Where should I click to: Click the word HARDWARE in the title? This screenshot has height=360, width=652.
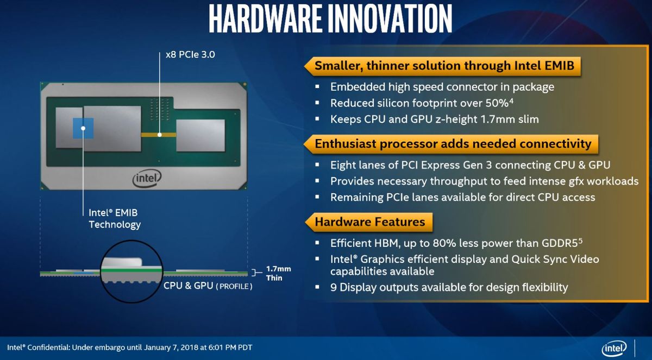click(x=265, y=19)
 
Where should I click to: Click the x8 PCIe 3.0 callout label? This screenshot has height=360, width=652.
click(x=190, y=55)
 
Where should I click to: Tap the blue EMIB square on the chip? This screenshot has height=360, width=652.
click(x=83, y=128)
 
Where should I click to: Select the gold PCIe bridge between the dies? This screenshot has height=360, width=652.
click(x=159, y=135)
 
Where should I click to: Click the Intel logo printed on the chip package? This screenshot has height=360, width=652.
click(x=147, y=178)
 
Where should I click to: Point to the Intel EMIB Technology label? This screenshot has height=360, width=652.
click(x=115, y=218)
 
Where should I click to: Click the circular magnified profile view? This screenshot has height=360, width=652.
click(x=131, y=271)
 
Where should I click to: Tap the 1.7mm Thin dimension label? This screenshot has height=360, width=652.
click(x=278, y=273)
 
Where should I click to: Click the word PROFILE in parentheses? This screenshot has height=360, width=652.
click(x=234, y=287)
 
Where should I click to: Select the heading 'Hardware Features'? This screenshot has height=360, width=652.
click(x=369, y=222)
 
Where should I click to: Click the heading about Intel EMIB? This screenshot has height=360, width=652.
click(x=444, y=66)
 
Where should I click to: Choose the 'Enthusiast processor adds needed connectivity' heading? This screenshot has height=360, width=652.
click(x=453, y=144)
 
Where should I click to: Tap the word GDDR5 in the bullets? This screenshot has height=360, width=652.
click(x=560, y=243)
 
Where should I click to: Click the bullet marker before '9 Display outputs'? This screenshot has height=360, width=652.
click(x=317, y=287)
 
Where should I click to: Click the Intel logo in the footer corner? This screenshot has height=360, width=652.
click(x=614, y=348)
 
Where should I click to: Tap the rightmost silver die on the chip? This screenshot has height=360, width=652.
click(x=200, y=135)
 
